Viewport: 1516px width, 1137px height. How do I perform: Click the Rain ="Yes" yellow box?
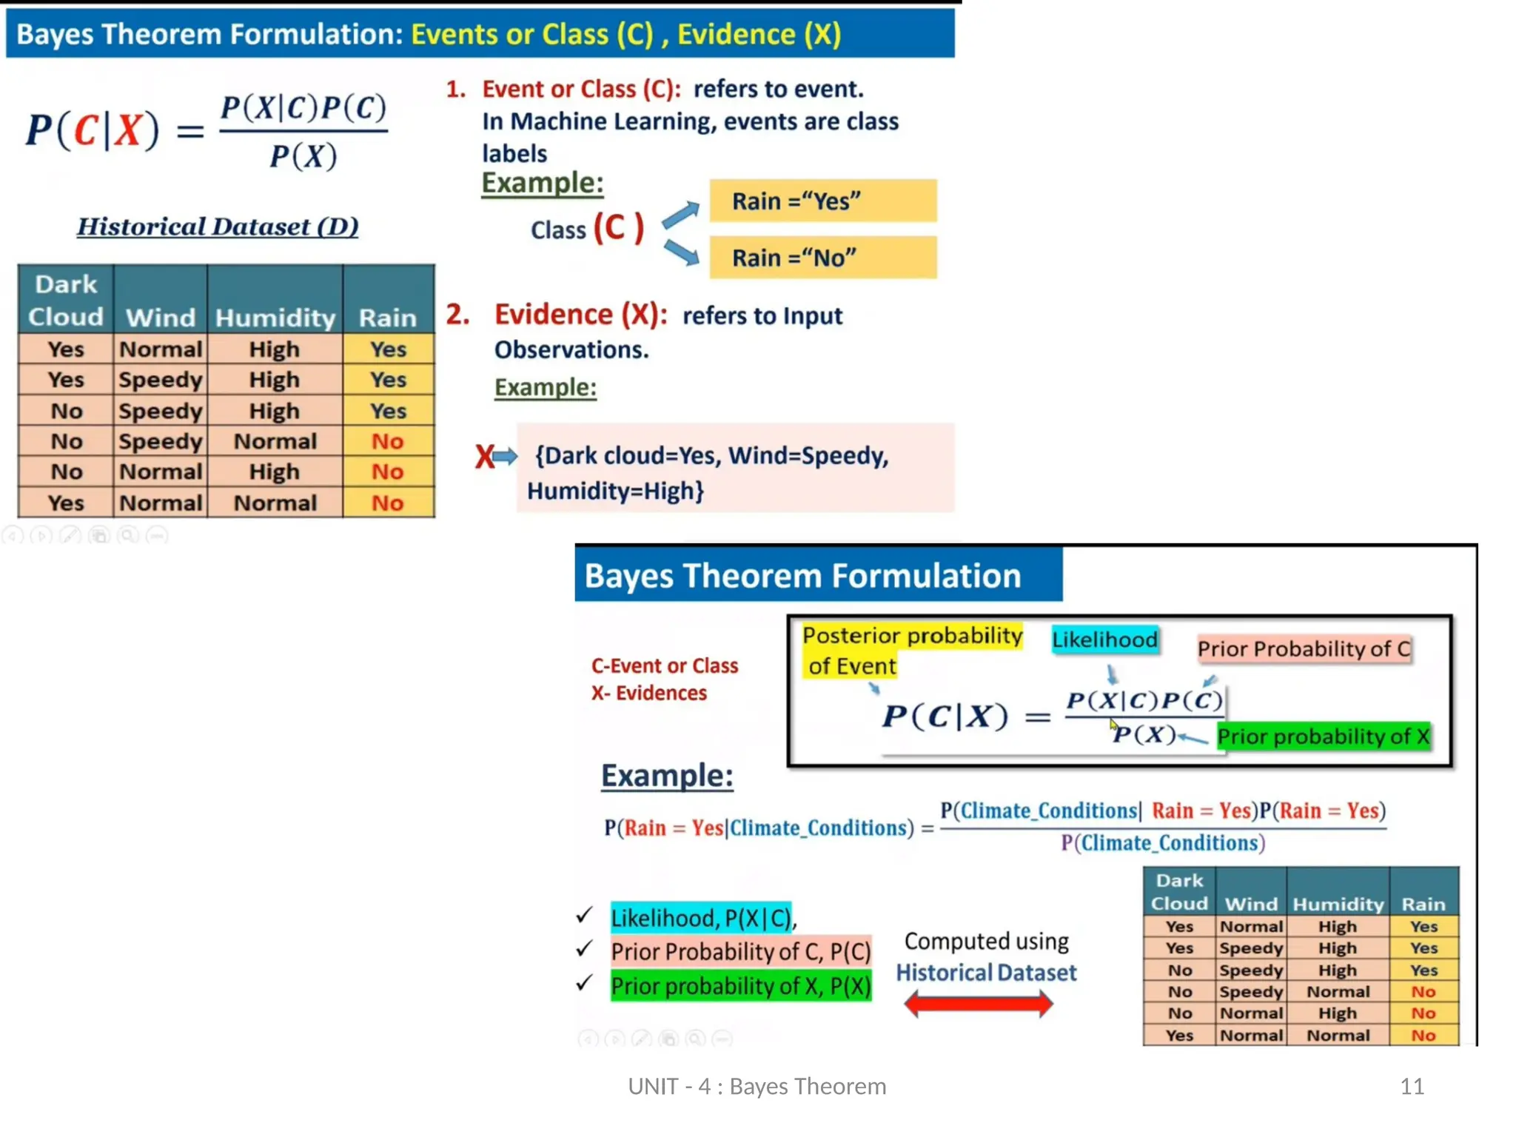tap(822, 201)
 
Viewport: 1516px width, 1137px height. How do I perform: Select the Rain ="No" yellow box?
tap(822, 258)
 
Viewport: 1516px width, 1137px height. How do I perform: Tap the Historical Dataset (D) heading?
tap(218, 227)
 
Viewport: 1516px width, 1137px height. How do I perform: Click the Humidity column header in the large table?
tap(275, 318)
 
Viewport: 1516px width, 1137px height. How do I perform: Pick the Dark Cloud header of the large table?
tap(65, 301)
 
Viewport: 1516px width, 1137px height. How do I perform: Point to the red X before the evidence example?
tap(484, 457)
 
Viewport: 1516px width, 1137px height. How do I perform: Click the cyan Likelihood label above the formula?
tap(1104, 640)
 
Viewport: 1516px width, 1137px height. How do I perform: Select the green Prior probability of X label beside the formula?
tap(1323, 737)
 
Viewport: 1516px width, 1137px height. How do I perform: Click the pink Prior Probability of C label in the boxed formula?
tap(1304, 649)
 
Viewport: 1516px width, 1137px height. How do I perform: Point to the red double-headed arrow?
tap(978, 1004)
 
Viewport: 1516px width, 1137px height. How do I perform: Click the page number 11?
tap(1412, 1087)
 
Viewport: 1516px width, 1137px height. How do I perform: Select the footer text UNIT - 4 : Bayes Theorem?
tap(757, 1087)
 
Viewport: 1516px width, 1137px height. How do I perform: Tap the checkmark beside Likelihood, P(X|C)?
tap(584, 916)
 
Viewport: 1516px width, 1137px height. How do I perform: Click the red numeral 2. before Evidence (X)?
tap(457, 315)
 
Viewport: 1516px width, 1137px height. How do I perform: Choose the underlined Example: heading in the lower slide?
tap(666, 776)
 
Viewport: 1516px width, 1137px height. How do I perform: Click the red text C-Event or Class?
tap(664, 665)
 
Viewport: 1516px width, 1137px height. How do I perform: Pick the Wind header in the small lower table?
tap(1250, 904)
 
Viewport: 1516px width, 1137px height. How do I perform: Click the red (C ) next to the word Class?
tap(618, 228)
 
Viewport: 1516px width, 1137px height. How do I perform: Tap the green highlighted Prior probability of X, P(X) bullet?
tap(740, 986)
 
